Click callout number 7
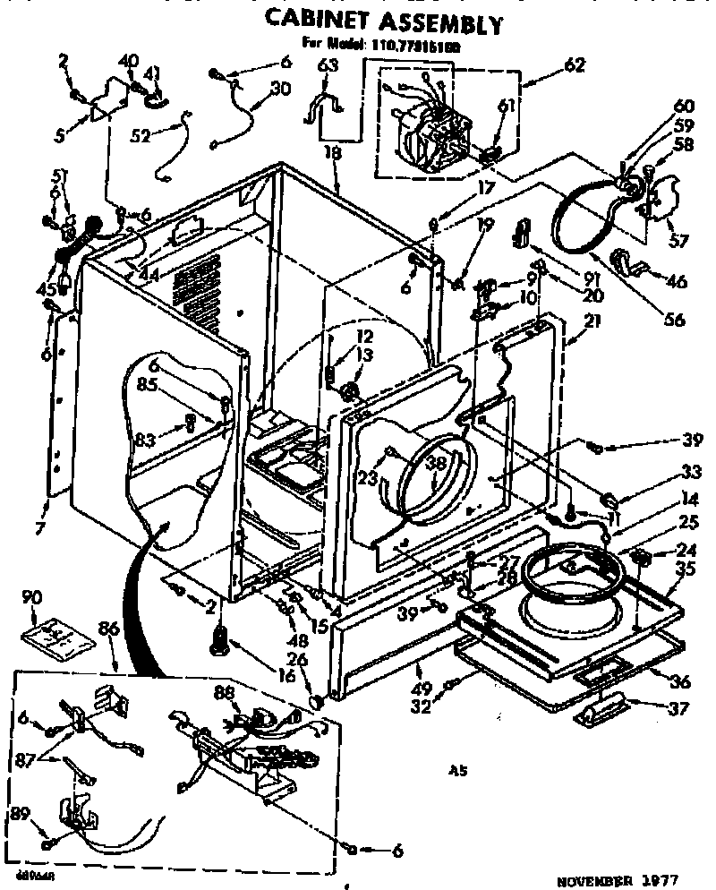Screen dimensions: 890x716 [40, 528]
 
